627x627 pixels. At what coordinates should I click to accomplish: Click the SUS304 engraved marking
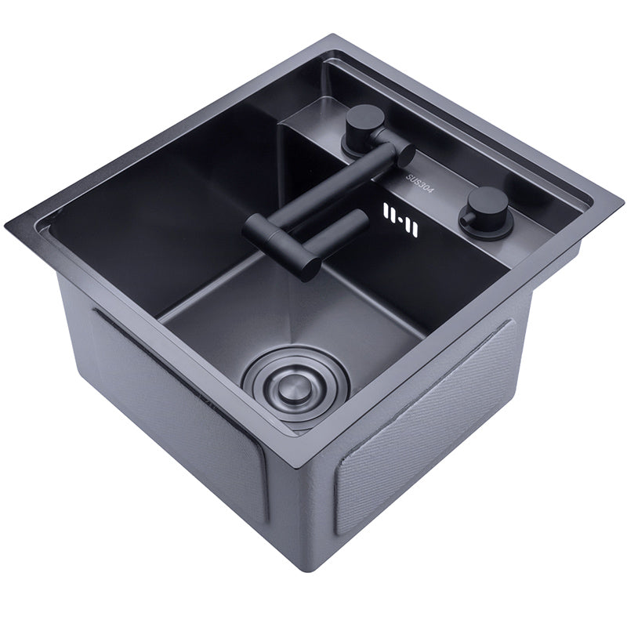417,187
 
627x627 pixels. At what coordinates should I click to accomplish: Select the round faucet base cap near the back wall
363,126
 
